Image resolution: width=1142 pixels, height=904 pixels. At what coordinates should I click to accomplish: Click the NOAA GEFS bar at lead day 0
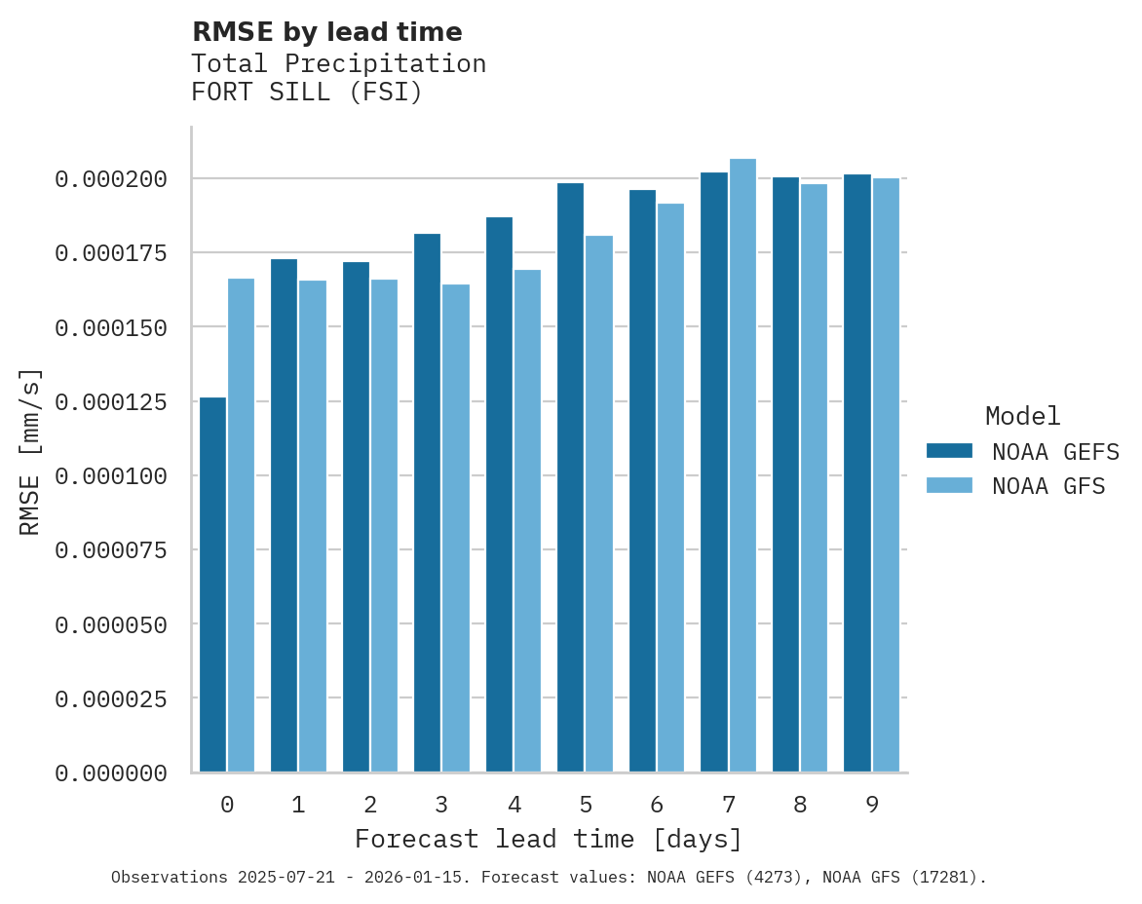pos(212,584)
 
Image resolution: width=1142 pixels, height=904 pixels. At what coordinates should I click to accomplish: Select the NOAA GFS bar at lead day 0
pos(241,526)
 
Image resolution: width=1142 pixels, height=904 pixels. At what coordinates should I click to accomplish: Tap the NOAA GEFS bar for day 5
pos(571,477)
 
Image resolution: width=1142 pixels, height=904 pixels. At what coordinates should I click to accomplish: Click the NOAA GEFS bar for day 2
pos(356,516)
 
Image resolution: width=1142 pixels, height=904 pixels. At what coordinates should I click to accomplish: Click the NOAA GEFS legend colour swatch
pos(949,450)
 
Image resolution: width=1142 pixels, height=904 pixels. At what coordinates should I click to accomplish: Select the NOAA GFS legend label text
pos(1048,486)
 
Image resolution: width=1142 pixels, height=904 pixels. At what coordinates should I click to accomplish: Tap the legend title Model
pos(1022,416)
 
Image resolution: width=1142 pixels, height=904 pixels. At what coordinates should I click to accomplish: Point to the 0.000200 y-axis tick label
pos(111,179)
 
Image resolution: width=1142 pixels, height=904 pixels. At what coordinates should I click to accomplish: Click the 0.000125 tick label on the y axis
pos(111,401)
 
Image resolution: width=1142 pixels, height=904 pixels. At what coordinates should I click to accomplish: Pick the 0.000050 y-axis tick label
pos(111,624)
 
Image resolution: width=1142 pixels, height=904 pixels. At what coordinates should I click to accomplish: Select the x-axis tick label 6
pos(657,805)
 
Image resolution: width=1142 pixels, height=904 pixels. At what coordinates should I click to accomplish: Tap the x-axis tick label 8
pos(800,805)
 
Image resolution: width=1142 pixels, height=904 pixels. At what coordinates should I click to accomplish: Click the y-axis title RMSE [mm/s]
pos(30,451)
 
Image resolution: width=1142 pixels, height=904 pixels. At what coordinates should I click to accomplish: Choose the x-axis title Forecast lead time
pos(549,839)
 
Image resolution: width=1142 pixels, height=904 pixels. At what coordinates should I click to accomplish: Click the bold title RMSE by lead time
pos(326,32)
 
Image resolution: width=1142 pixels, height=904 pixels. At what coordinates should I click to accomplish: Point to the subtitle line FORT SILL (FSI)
pos(307,94)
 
